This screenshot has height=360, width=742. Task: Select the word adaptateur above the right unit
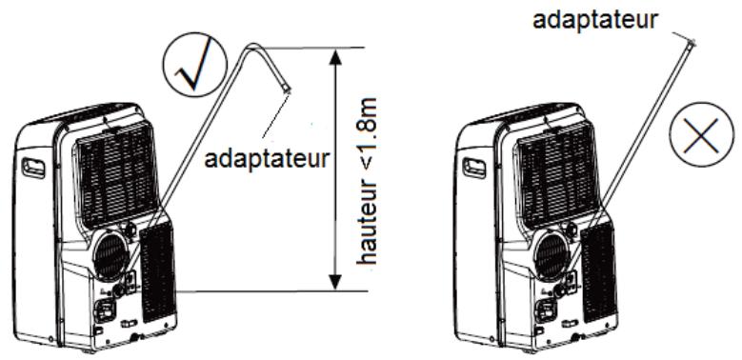click(x=595, y=18)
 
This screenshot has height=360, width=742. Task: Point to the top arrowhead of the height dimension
click(x=333, y=56)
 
